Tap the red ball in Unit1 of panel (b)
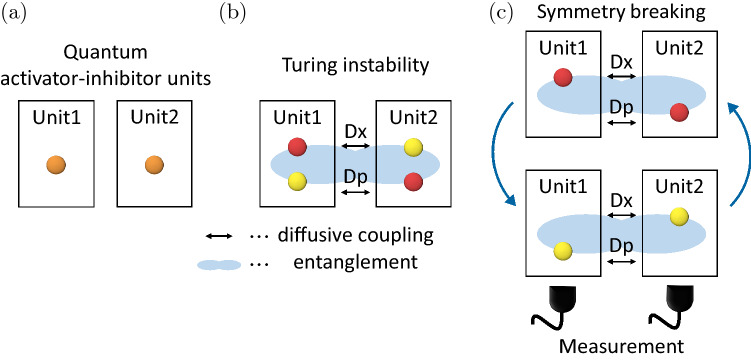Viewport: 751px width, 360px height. (297, 148)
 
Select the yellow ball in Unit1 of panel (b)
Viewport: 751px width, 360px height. (297, 181)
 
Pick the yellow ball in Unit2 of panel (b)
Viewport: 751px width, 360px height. (412, 148)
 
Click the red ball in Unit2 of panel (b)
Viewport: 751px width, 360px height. (412, 181)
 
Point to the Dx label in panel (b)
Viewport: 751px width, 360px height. (354, 131)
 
